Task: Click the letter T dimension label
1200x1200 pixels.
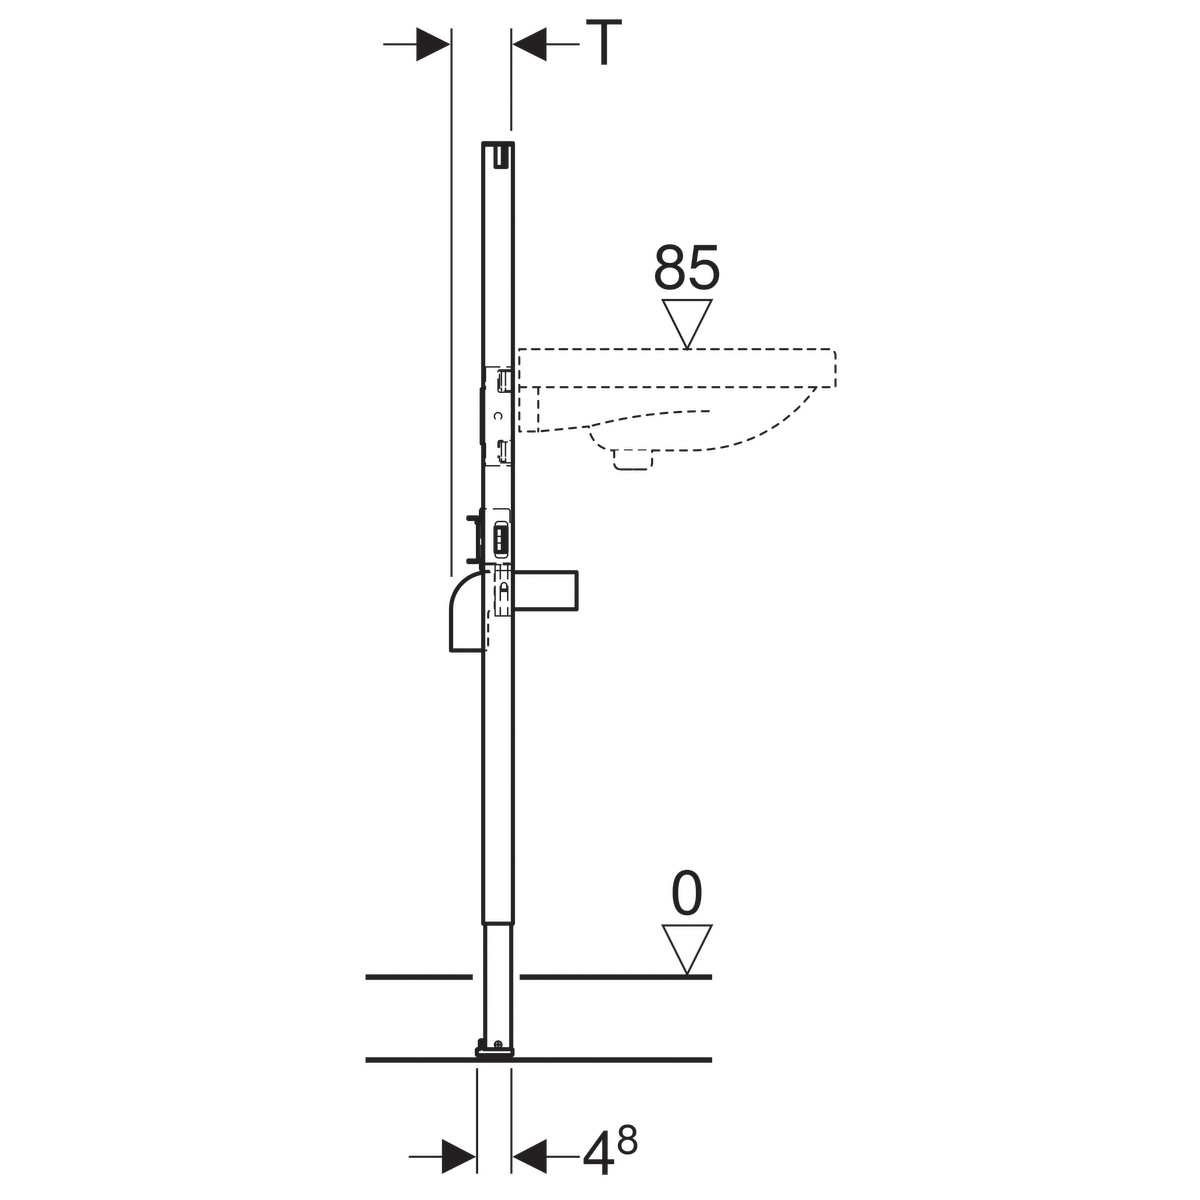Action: (603, 42)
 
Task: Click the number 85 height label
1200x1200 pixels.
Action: (686, 267)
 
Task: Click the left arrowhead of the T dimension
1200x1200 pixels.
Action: (433, 44)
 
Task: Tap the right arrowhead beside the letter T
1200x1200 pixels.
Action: (529, 44)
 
